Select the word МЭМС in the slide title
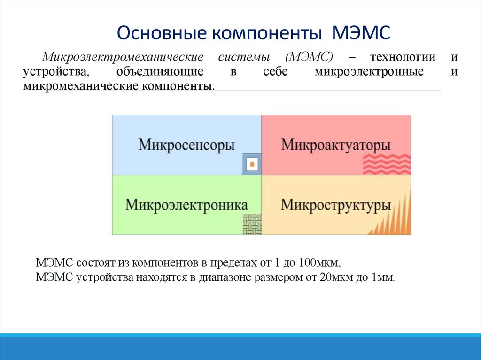point(361,34)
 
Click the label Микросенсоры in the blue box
point(186,145)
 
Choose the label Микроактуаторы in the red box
point(336,145)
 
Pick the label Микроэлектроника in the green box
point(186,205)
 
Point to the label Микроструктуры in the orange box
point(336,205)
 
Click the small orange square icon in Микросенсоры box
point(252,165)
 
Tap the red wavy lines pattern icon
point(387,164)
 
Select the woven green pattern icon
point(252,224)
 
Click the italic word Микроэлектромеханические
point(123,57)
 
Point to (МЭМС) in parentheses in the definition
point(309,57)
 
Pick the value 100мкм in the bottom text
point(322,262)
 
